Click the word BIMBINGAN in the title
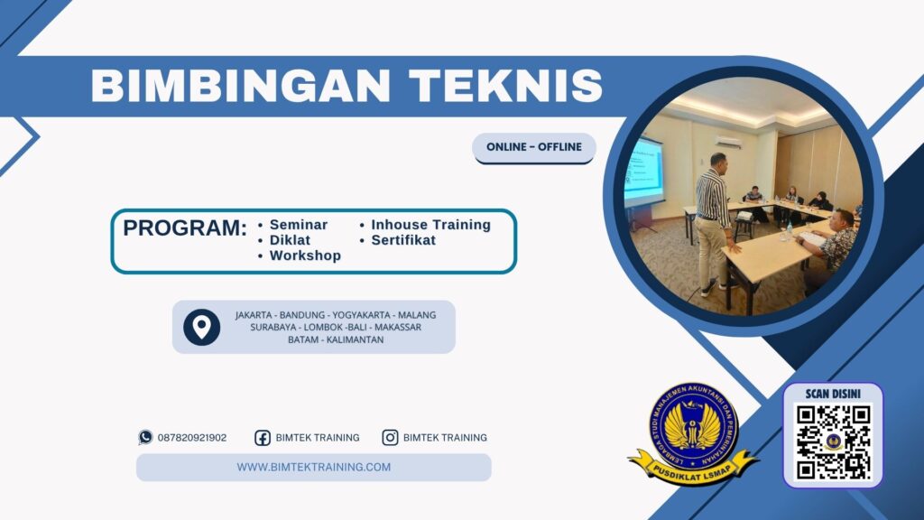click(242, 87)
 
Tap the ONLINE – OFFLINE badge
click(534, 147)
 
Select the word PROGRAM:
click(185, 228)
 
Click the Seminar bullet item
click(299, 225)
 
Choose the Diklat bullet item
click(290, 240)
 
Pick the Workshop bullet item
click(305, 255)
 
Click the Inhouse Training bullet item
click(430, 225)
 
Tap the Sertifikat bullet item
click(403, 240)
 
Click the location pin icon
click(201, 327)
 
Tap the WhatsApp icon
click(145, 437)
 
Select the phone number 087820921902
click(192, 438)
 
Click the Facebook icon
click(263, 438)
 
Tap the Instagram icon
click(390, 438)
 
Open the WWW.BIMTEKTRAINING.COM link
click(314, 467)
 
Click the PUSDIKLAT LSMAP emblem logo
click(693, 432)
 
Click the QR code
click(833, 440)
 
